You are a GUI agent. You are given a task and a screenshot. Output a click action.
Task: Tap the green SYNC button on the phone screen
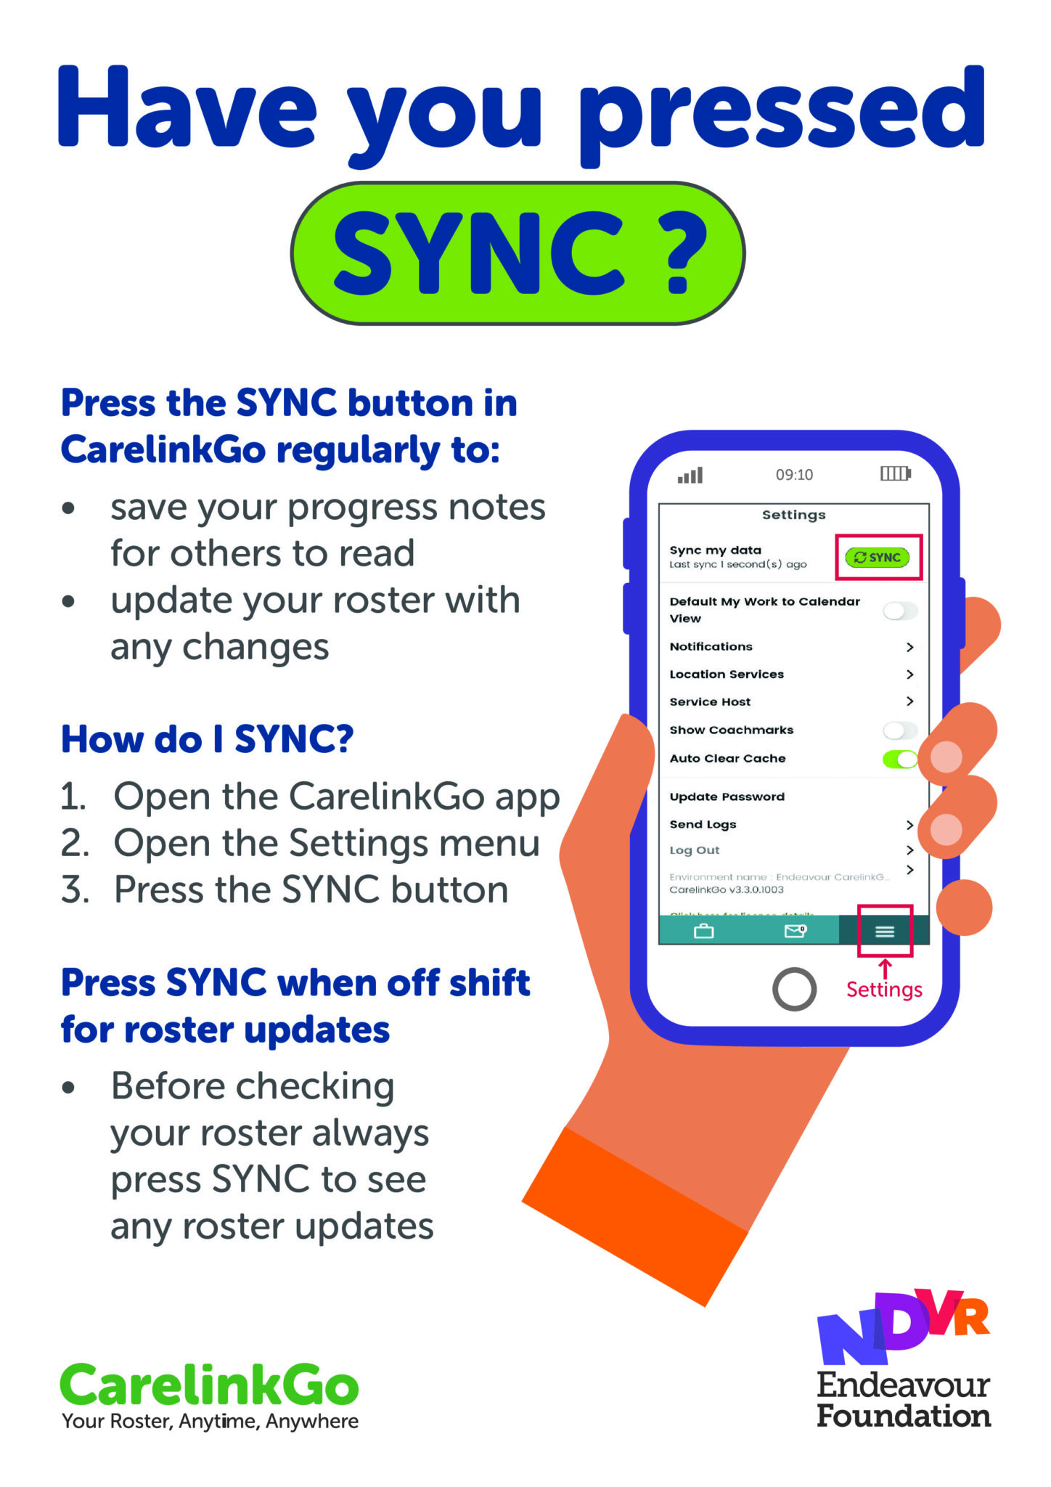coord(878,557)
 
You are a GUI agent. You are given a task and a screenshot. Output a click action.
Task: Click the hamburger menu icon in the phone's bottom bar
coord(884,932)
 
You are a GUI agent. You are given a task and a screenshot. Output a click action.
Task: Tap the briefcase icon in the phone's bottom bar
coord(703,931)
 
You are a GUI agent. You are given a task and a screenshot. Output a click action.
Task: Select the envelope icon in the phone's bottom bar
coord(796,930)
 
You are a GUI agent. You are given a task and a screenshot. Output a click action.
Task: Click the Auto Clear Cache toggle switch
coord(900,759)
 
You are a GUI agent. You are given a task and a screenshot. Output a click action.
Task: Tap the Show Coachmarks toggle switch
coord(900,730)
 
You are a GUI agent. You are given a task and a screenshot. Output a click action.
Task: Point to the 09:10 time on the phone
coord(794,475)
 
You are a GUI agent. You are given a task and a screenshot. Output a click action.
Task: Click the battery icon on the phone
coord(896,473)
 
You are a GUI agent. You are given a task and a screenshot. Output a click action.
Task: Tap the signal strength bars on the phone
coord(690,476)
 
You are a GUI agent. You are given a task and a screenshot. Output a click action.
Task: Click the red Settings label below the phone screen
coord(884,990)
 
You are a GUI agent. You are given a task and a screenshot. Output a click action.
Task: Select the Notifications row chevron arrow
coord(909,647)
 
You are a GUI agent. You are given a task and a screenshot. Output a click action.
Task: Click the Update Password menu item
coord(727,797)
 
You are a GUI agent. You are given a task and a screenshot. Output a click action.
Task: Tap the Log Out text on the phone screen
coord(694,850)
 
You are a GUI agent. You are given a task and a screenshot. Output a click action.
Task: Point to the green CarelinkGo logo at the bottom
coord(209,1385)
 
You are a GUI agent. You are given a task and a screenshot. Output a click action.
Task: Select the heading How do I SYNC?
coord(207,739)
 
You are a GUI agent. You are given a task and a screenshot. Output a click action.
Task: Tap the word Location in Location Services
coord(697,675)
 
